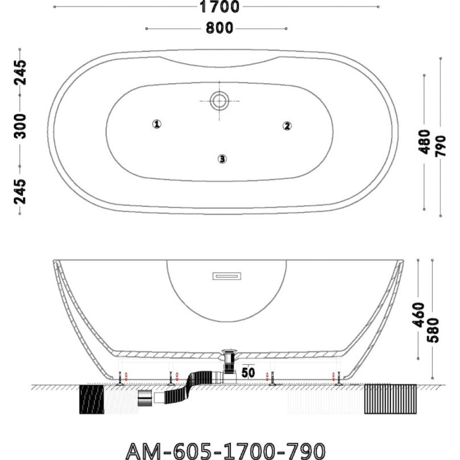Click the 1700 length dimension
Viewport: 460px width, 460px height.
(219, 7)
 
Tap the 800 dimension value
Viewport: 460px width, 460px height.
(219, 29)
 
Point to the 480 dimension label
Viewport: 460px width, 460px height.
(424, 142)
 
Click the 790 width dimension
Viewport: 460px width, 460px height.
(441, 146)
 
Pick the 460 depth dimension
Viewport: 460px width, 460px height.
(419, 315)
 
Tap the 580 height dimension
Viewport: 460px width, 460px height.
(433, 330)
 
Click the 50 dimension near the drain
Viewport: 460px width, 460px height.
(248, 373)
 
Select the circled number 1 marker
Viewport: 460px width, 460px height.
(157, 124)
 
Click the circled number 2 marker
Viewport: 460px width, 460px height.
(287, 126)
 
